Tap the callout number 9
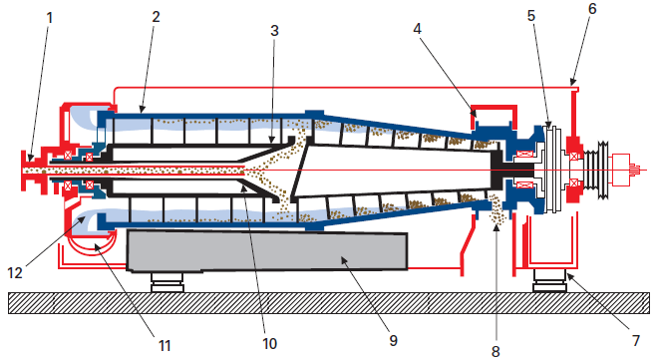click(393, 340)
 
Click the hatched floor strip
click(329, 303)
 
